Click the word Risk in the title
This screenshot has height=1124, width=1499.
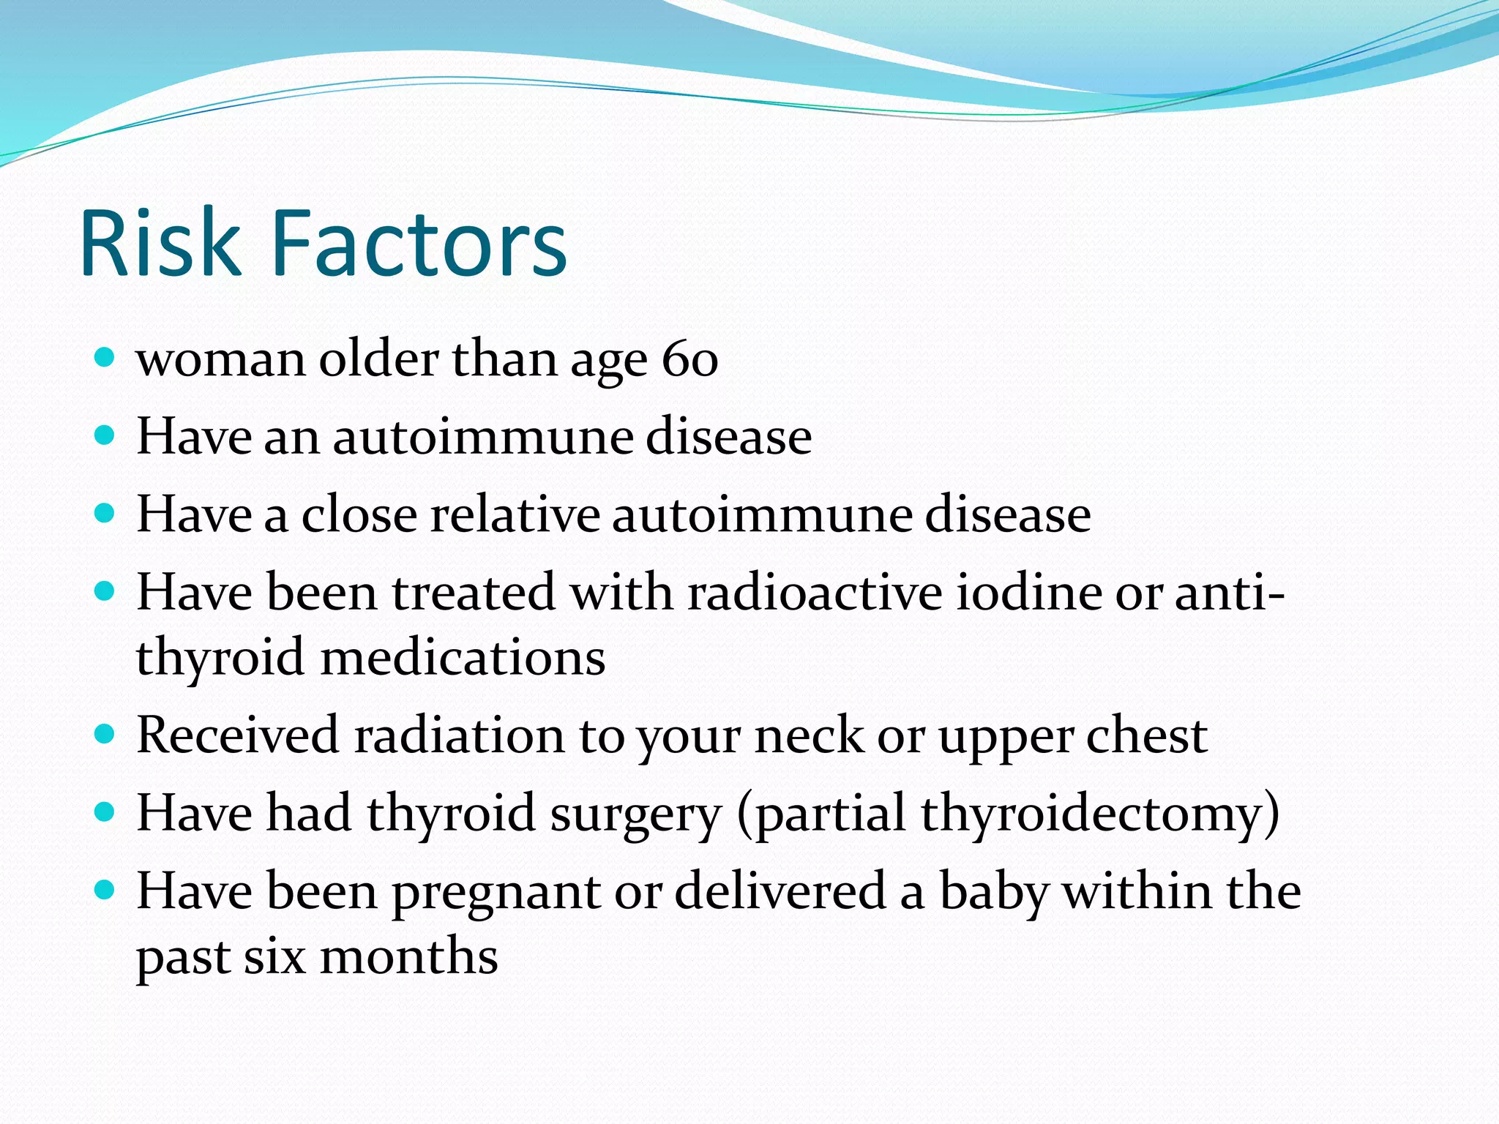tap(160, 244)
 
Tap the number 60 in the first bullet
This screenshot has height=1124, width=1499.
tap(689, 359)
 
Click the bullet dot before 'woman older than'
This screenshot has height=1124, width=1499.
tap(105, 358)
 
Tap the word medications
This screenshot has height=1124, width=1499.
tap(463, 657)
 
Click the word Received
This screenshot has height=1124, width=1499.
tap(237, 735)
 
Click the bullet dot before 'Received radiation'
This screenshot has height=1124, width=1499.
tap(105, 733)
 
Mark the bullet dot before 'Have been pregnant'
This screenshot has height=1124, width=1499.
tap(105, 890)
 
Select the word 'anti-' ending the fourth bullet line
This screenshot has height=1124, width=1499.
tap(1229, 592)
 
